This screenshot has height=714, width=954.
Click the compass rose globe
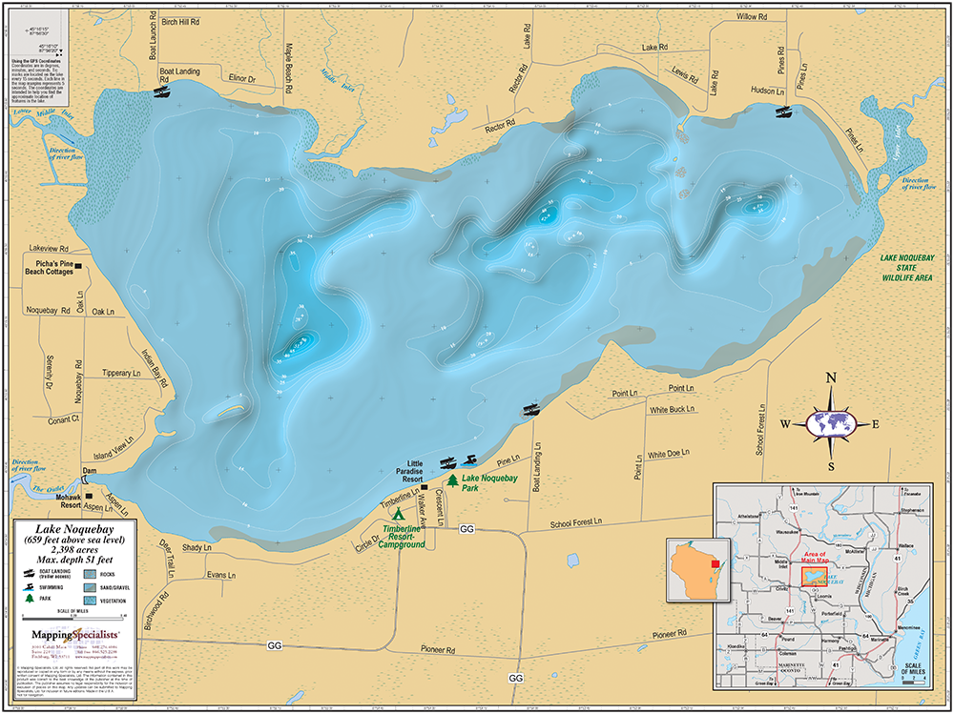[831, 422]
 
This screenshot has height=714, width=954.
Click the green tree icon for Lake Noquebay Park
[452, 479]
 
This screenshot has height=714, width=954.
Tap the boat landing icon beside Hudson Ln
[783, 112]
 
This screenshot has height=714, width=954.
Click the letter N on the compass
[831, 378]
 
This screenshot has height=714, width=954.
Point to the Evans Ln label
[221, 575]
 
